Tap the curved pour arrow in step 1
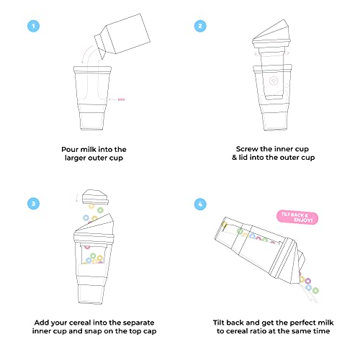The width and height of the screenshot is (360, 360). tap(89, 56)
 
